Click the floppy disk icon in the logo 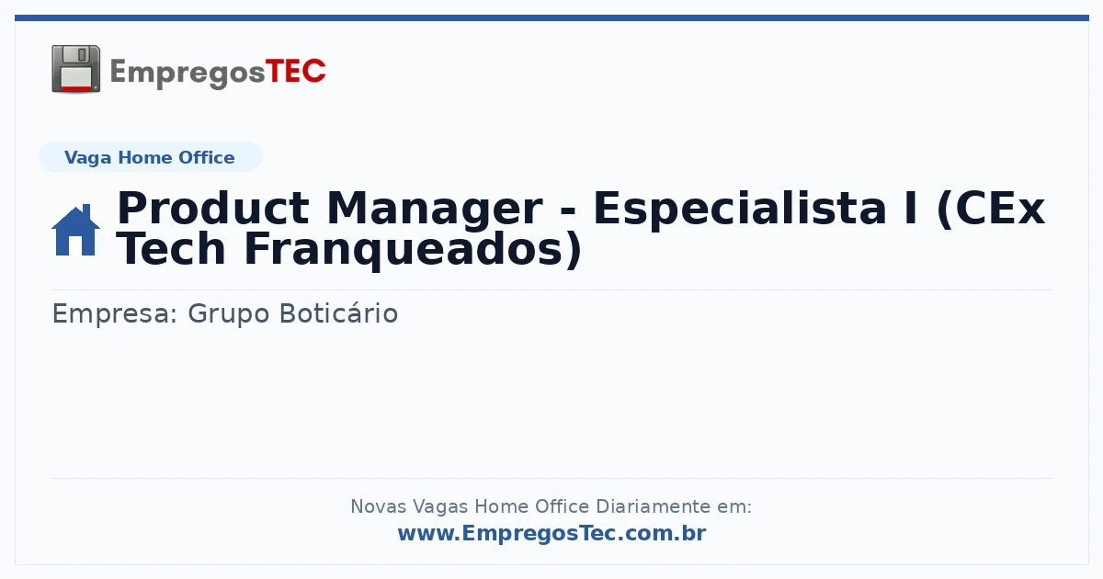point(75,69)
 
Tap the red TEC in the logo point(295,71)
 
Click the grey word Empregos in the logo point(188,74)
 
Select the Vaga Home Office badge point(150,157)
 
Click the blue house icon point(75,230)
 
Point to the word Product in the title point(213,209)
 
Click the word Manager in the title point(434,210)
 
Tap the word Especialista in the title point(740,210)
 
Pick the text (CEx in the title point(990,210)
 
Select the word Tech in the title point(171,249)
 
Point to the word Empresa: point(114,314)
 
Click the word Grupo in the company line point(229,314)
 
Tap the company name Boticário point(339,312)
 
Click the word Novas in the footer point(378,506)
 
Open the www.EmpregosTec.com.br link point(552,533)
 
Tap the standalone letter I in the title point(912,209)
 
